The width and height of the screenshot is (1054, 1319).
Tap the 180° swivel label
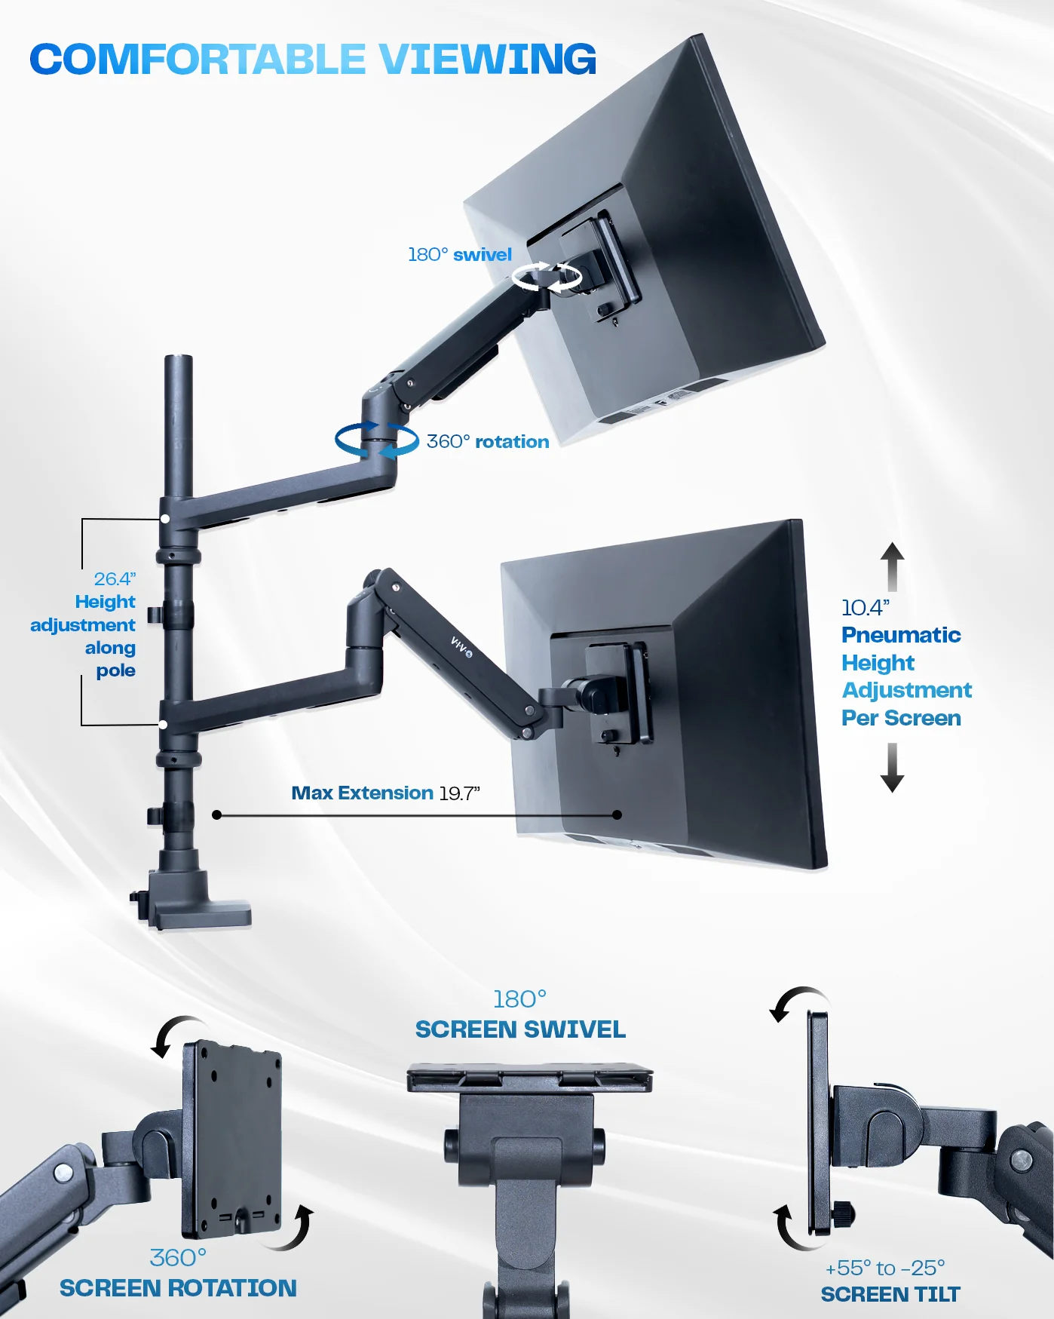tap(459, 255)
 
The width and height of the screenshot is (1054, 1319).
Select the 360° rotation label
tap(488, 442)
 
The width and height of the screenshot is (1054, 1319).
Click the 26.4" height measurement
tap(115, 578)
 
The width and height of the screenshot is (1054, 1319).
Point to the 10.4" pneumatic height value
tap(865, 608)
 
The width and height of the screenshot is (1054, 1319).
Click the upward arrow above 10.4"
tap(892, 566)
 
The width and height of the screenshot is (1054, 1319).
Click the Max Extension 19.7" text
tap(385, 793)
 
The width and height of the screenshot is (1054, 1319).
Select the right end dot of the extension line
tap(617, 814)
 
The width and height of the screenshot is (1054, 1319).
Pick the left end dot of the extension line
tap(217, 814)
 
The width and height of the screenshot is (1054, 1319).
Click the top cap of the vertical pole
tap(179, 360)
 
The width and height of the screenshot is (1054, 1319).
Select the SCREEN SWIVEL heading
tap(520, 1029)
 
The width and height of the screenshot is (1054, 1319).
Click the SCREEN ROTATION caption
tap(178, 1288)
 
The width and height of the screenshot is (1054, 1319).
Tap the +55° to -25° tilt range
tap(884, 1268)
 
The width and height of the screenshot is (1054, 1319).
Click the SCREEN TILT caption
tap(890, 1295)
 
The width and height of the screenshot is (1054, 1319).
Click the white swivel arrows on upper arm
tap(547, 278)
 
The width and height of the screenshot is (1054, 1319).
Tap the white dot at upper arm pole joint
tap(165, 519)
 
